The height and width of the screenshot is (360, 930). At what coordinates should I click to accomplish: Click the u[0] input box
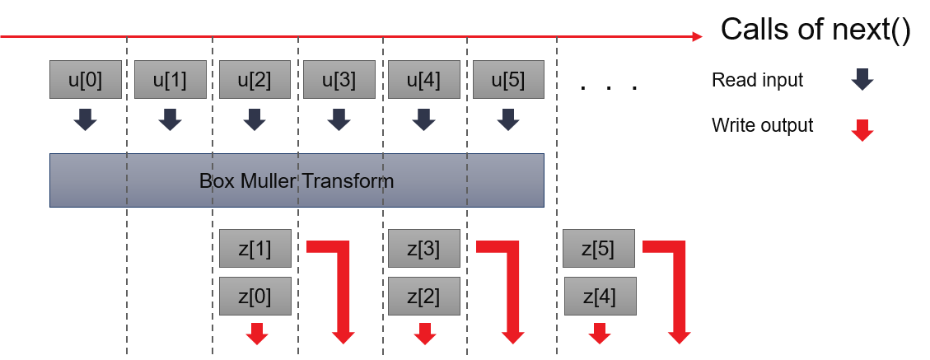pos(86,80)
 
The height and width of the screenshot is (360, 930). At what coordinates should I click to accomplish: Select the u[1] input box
pos(170,80)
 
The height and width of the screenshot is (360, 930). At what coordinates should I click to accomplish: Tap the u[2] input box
pos(255,80)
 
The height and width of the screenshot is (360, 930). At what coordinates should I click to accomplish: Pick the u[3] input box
pos(339,80)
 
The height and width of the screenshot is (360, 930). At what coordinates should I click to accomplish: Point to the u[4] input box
pos(424,80)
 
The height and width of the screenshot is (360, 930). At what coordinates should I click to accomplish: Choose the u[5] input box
pos(508,80)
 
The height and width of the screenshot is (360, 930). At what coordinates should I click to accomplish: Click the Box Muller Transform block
pos(297,180)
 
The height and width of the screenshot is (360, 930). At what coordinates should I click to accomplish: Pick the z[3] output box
pos(424,249)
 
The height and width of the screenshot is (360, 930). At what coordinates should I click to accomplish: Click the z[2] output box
pos(424,295)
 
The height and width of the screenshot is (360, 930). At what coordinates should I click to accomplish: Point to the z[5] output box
pos(599,249)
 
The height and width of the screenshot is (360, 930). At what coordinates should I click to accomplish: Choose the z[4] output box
pos(599,295)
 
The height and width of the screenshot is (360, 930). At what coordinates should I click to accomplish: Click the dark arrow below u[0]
pos(86,120)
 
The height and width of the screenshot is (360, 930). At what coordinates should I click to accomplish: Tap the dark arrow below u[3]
pos(339,120)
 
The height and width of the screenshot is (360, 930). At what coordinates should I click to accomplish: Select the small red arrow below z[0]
pos(257,333)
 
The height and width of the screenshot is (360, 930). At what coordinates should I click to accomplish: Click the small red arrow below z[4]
pos(600,333)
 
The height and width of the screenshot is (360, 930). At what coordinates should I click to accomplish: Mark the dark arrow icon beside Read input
pos(862,80)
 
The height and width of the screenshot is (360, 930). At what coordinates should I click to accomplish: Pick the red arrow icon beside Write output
pos(862,130)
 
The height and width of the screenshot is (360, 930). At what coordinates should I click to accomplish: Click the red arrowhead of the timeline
pos(697,36)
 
